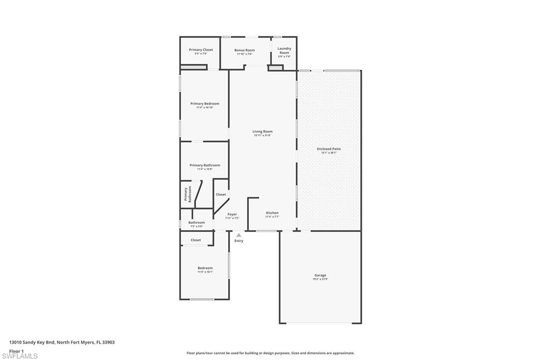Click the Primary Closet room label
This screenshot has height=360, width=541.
point(200,50)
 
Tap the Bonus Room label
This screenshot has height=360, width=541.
point(245,50)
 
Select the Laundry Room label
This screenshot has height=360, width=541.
point(284,51)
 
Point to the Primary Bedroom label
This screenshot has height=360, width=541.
point(204,103)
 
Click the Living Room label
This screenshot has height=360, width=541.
point(263,131)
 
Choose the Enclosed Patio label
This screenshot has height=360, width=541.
point(329,149)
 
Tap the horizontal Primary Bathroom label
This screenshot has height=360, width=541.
point(204,165)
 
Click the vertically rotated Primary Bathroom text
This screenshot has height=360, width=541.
point(188,194)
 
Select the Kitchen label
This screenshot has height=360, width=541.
point(272,213)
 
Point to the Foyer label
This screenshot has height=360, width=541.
point(232,214)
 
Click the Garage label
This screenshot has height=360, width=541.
point(320,275)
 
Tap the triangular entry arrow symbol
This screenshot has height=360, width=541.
point(239,235)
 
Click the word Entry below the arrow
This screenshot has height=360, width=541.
point(239,241)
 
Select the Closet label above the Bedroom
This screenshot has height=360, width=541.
point(196,240)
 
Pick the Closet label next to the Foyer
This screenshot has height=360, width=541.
point(221,194)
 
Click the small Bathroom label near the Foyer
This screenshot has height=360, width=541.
point(197,222)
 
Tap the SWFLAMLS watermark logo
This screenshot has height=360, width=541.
point(20,356)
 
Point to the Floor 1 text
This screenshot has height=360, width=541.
point(17,350)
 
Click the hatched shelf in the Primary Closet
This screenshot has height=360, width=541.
point(194,67)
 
